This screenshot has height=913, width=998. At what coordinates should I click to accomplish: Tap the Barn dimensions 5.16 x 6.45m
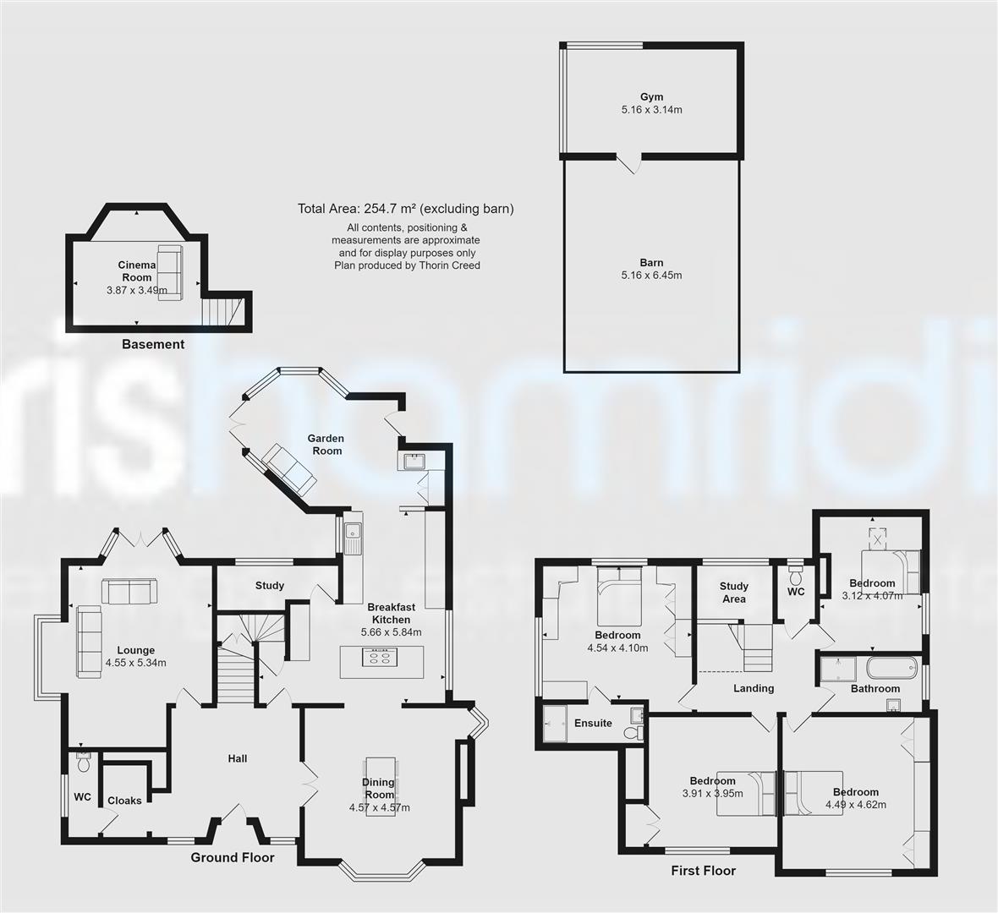[651, 276]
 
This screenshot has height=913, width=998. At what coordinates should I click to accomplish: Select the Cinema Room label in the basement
[136, 271]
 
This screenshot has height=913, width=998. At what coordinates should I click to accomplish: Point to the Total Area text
[405, 209]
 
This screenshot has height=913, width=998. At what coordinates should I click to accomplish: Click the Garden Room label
[326, 445]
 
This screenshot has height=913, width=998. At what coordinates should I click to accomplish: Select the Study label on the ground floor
[270, 586]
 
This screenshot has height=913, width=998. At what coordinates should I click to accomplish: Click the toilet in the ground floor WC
[83, 763]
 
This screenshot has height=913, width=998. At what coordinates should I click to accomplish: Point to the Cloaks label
[124, 801]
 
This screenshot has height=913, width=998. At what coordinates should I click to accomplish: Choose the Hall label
[238, 758]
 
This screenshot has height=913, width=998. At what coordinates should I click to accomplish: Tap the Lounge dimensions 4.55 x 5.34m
[135, 663]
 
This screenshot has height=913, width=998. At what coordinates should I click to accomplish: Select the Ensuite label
[593, 724]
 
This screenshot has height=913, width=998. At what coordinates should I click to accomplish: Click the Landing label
[754, 688]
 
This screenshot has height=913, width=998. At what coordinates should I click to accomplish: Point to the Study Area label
[734, 593]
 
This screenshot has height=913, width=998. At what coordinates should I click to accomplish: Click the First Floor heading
[703, 871]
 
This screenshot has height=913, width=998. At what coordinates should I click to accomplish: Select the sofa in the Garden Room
[289, 468]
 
